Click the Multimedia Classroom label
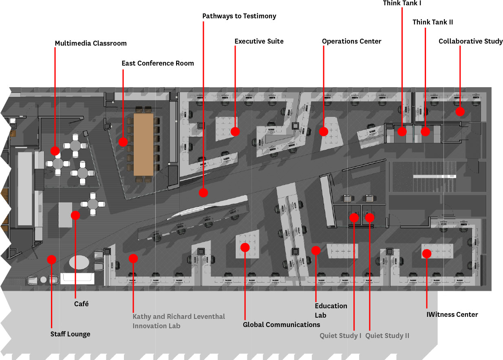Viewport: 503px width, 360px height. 91,43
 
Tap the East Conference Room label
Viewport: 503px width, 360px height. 158,63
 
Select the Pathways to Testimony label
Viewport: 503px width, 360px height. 239,16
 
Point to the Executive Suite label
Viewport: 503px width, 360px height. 259,41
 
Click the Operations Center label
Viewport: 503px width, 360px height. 352,41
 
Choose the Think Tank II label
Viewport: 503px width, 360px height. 433,22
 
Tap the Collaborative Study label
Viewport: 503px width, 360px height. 470,41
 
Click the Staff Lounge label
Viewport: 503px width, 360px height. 70,334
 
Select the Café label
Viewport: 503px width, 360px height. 81,304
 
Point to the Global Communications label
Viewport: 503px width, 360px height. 281,325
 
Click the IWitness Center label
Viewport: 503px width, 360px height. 452,314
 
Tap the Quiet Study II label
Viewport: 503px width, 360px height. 387,336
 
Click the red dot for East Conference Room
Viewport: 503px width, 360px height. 123,142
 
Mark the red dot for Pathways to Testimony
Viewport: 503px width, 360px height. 203,193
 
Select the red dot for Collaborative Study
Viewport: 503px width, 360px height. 460,112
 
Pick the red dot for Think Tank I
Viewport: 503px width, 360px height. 402,132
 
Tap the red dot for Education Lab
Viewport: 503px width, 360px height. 316,250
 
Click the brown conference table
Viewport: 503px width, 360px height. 143,145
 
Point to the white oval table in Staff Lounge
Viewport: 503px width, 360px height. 79,262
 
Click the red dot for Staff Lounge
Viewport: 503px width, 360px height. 52,259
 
